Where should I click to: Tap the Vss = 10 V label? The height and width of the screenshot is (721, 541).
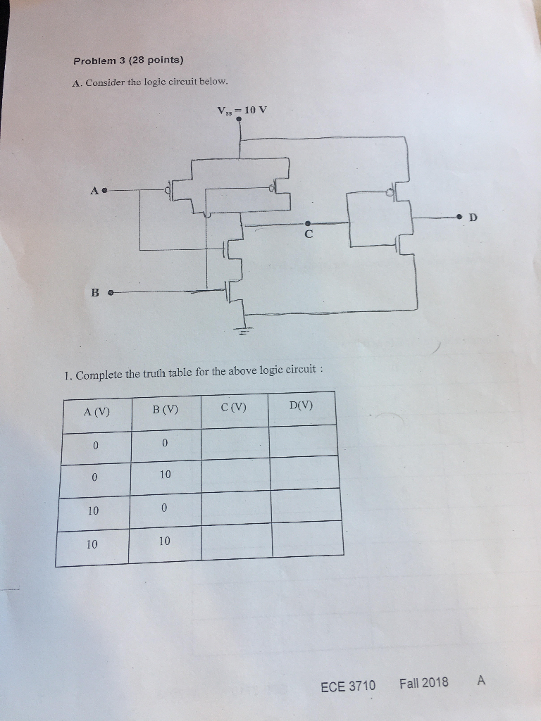coord(242,110)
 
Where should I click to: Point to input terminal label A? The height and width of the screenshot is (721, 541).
coord(93,190)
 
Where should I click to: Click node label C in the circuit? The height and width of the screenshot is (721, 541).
coord(308,234)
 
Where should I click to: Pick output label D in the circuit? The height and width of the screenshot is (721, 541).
coord(473,218)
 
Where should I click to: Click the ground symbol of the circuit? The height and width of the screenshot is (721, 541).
coord(244,331)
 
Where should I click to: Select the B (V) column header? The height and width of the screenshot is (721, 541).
coord(165,409)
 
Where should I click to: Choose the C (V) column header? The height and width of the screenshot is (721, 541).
coord(233,407)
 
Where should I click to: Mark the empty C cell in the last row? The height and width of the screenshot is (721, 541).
coord(237,541)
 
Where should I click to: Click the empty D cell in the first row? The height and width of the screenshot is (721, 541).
coord(303,441)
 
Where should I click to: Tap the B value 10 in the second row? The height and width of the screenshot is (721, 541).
coord(165,475)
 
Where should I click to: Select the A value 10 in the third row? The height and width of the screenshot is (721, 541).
coord(94,510)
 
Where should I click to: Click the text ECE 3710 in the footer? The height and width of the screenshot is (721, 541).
coord(348,685)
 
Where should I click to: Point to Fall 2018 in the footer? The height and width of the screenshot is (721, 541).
coord(423,682)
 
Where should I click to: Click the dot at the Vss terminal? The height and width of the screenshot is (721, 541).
coord(240,119)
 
